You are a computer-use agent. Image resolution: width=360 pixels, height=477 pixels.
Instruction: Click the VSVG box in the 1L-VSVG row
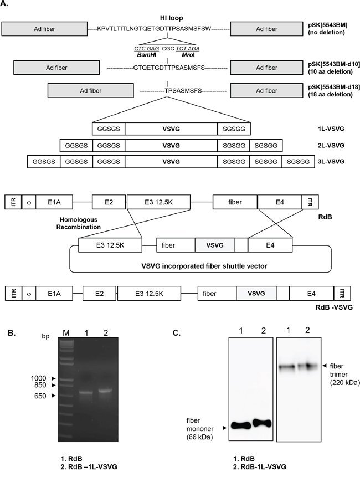coord(171,129)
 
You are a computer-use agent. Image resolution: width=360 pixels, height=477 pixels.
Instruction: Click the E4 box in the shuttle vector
coord(268,243)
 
